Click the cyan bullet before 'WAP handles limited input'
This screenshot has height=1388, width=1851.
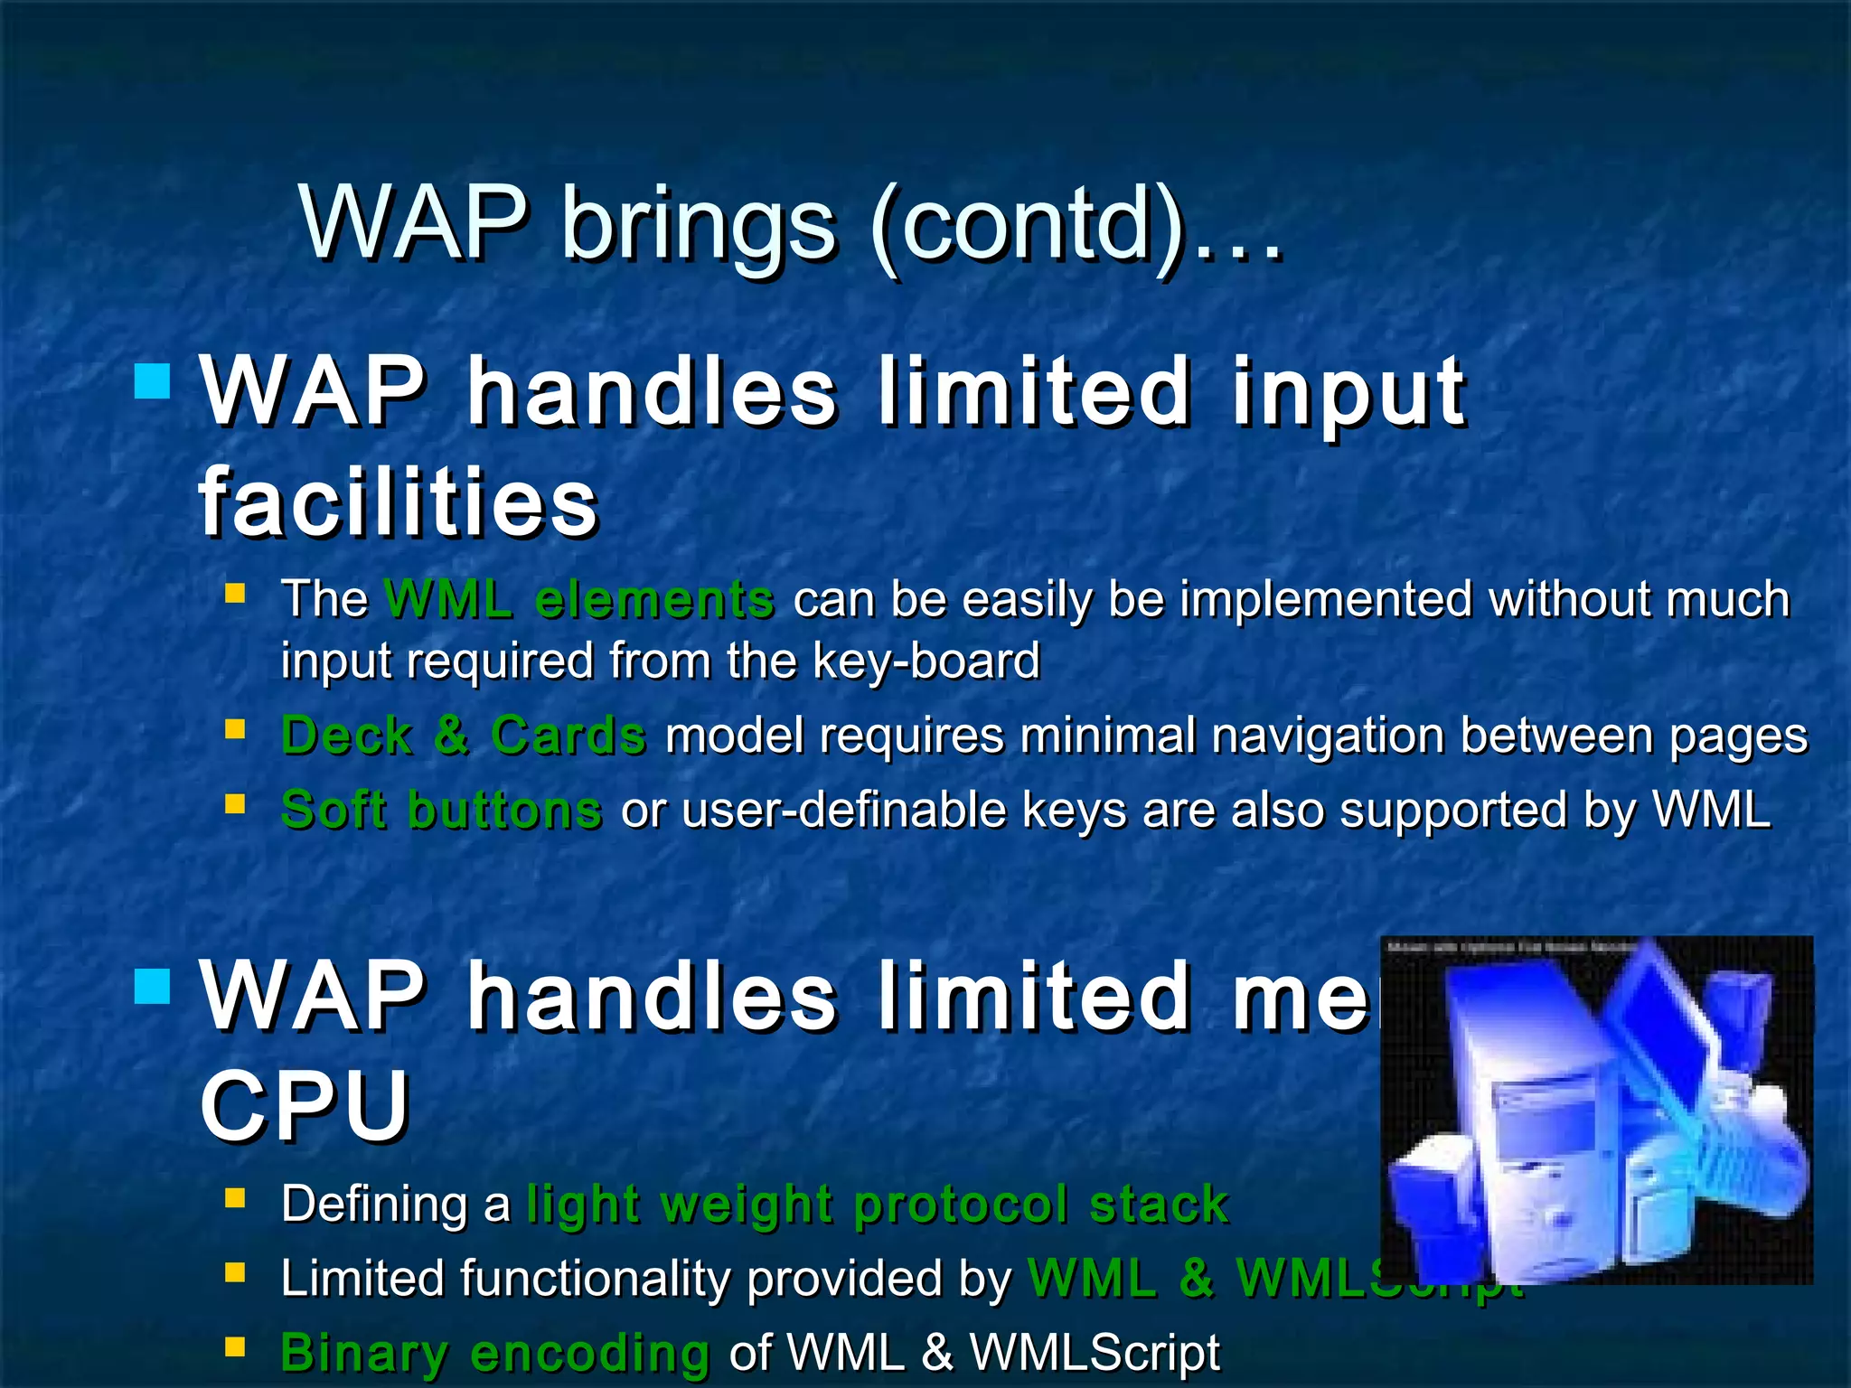pos(152,381)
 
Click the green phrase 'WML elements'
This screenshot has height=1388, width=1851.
pos(578,599)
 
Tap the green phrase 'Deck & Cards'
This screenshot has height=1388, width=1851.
pos(463,735)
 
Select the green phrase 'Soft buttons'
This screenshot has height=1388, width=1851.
pos(441,809)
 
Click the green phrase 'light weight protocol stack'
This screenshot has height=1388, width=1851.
pos(877,1205)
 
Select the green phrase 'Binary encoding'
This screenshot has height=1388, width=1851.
pos(494,1353)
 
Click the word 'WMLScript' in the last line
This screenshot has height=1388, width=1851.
pos(1094,1353)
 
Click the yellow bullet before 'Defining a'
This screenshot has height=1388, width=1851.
pos(235,1198)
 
